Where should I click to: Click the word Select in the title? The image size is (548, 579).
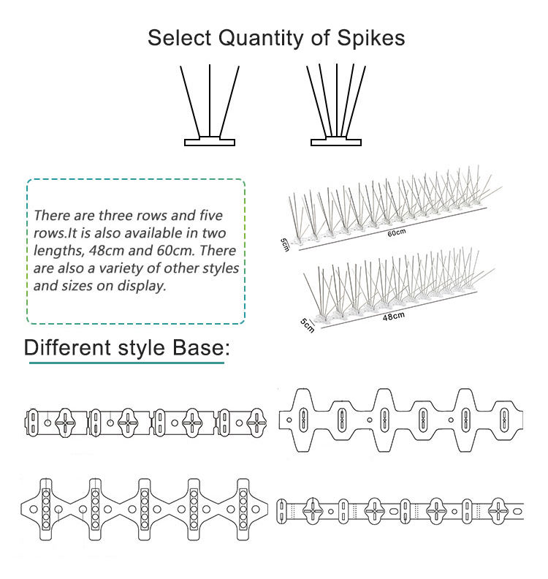(179, 38)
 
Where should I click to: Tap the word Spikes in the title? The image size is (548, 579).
(371, 38)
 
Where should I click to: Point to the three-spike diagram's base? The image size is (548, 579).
(210, 140)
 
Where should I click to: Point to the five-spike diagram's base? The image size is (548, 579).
(336, 140)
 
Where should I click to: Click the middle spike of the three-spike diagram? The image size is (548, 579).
(210, 100)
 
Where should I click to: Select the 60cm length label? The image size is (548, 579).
(397, 233)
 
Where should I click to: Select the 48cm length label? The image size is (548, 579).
(394, 317)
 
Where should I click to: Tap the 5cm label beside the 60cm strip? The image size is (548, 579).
(284, 245)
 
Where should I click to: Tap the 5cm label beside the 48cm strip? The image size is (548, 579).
(307, 325)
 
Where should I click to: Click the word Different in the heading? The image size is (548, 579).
(67, 347)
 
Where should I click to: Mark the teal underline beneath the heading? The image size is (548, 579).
(126, 363)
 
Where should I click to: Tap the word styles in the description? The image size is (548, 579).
(221, 268)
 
